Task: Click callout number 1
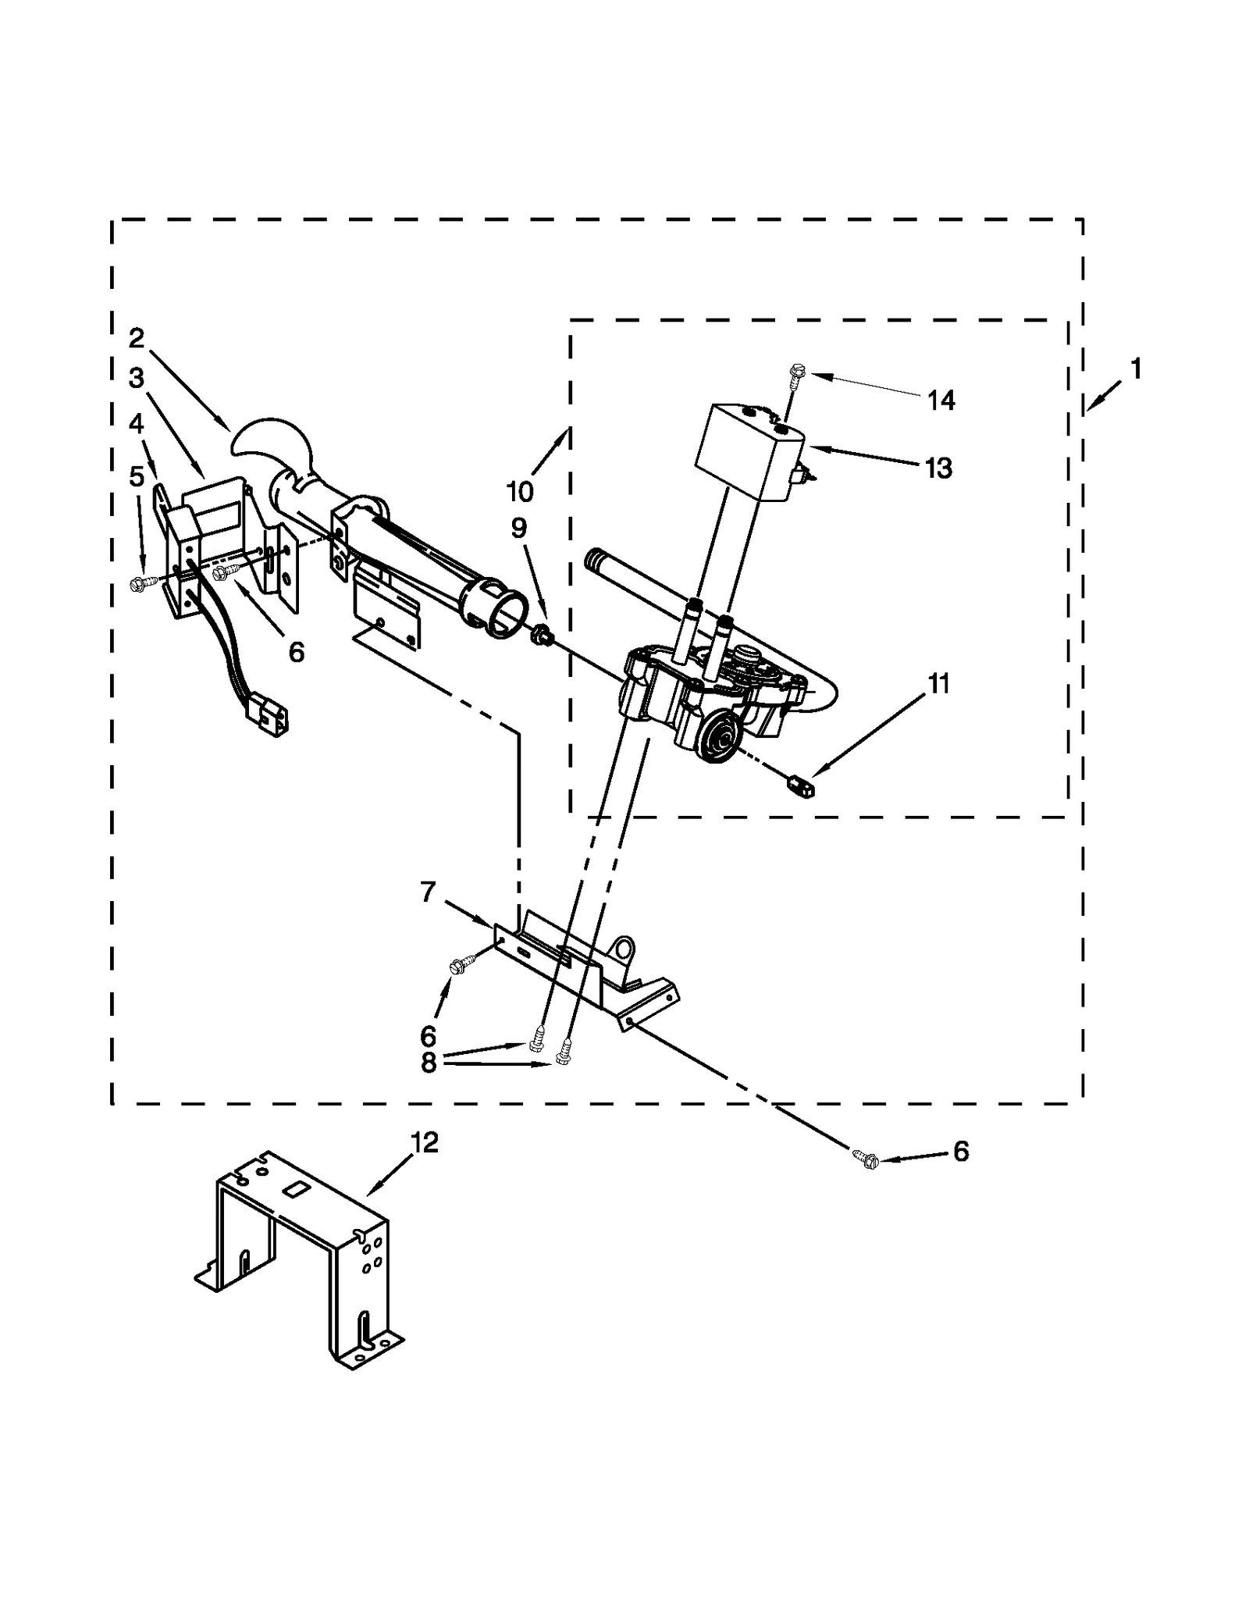[1136, 369]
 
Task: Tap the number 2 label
[137, 338]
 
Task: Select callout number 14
[941, 401]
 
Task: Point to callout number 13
[938, 468]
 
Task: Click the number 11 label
[939, 684]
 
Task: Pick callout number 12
[425, 1142]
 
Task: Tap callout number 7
[428, 892]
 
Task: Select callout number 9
[519, 529]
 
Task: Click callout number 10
[520, 492]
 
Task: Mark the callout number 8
[428, 1063]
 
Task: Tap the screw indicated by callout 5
[140, 582]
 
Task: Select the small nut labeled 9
[540, 637]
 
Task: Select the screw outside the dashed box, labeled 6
[864, 1159]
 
